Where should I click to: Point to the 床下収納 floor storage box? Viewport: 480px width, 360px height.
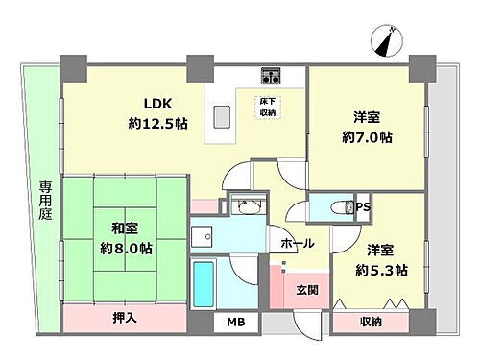(269, 107)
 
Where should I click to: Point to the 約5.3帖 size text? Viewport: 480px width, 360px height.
(381, 270)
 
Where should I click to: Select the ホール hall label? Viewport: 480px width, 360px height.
(297, 245)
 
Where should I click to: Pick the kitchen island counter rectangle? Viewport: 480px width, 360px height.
(222, 115)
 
